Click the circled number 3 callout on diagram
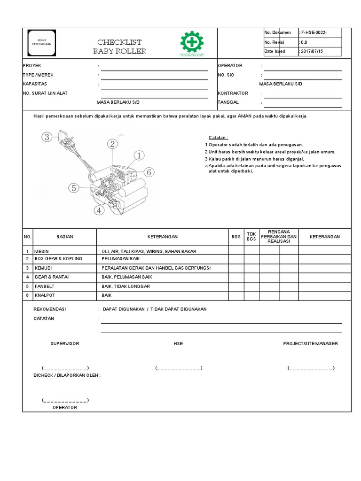click(x=46, y=137)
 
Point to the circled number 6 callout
click(x=149, y=172)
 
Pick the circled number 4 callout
click(x=99, y=210)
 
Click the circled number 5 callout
click(x=73, y=188)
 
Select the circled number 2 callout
click(x=112, y=144)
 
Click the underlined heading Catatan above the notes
click(x=218, y=138)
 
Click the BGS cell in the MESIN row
click(x=236, y=251)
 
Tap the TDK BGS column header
click(x=251, y=237)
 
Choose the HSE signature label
click(x=178, y=344)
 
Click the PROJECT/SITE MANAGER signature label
click(x=310, y=344)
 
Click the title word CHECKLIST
click(x=119, y=42)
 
